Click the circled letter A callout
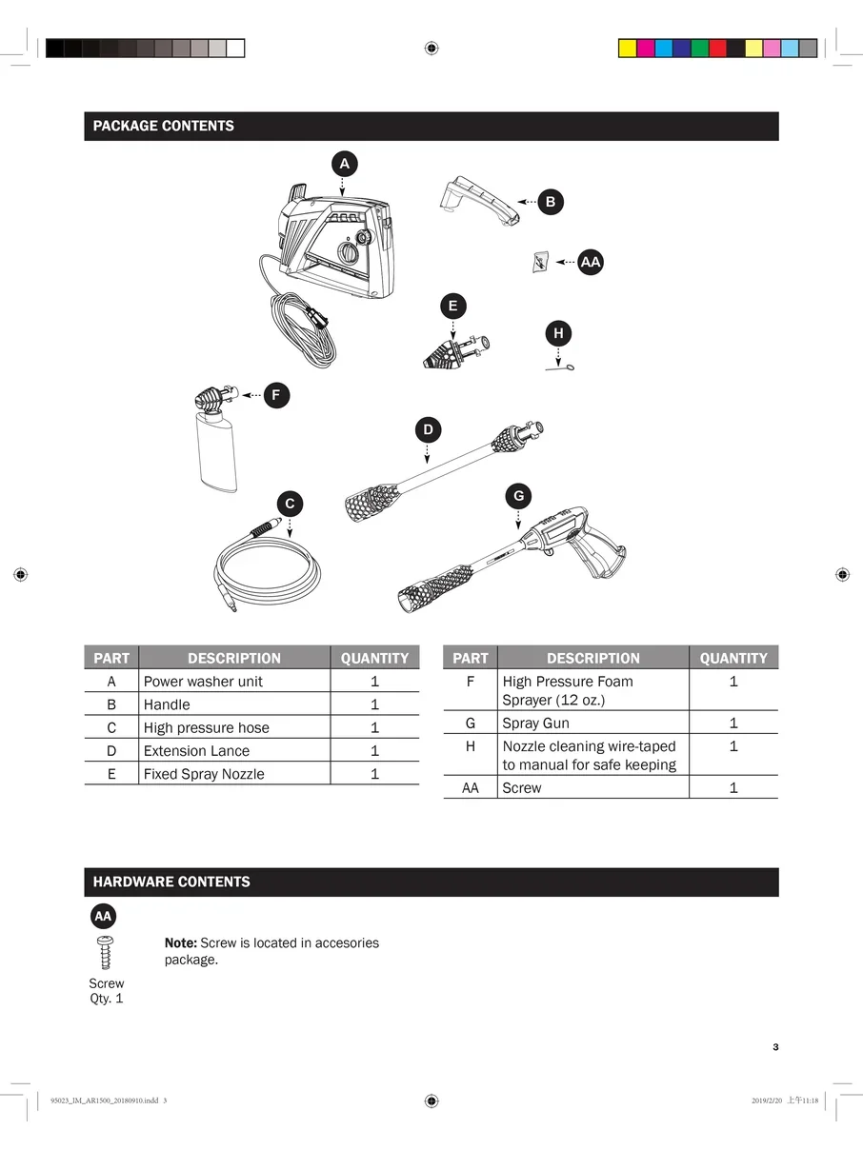point(344,164)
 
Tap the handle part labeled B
point(479,200)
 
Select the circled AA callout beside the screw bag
point(591,262)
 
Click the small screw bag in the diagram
point(540,262)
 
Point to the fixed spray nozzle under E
point(456,351)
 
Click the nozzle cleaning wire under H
point(559,367)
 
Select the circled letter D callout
point(428,429)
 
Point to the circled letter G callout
point(519,496)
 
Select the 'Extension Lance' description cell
point(234,750)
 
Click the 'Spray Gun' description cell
point(593,723)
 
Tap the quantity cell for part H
point(733,754)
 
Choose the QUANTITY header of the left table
point(374,658)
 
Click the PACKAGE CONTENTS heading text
point(164,126)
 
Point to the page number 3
point(775,1047)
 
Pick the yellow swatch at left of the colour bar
point(627,49)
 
